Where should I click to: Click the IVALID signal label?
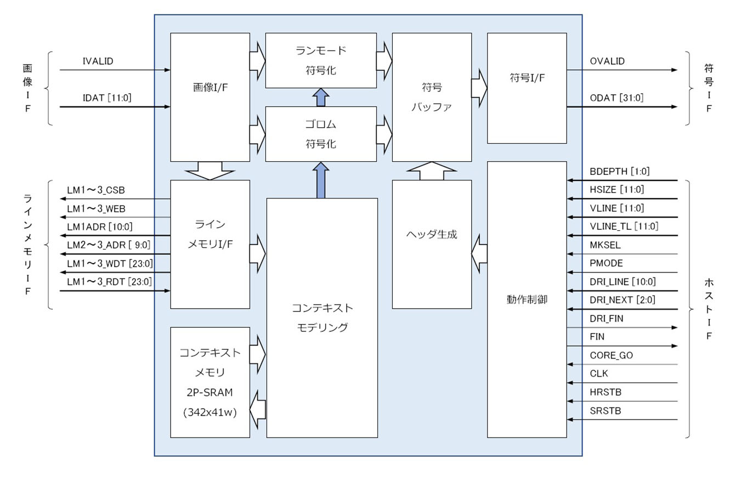(x=98, y=61)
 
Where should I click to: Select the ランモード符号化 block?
(x=321, y=60)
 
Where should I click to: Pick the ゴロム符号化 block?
(x=321, y=134)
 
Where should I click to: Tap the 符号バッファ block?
(x=432, y=97)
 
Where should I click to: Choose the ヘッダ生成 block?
(x=432, y=235)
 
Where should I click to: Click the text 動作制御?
(x=527, y=300)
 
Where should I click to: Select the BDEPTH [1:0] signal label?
(x=619, y=172)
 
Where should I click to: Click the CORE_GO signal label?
(x=611, y=355)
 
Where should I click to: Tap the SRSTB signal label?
(x=605, y=411)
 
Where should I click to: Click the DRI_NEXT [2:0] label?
(x=621, y=300)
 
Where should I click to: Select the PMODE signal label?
(x=606, y=263)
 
